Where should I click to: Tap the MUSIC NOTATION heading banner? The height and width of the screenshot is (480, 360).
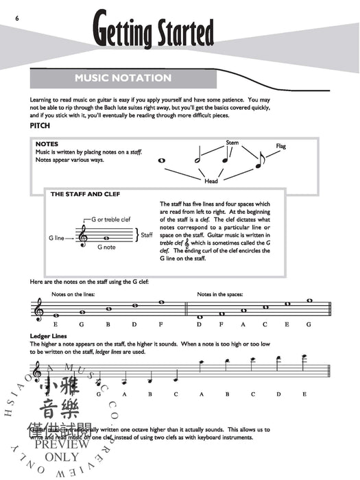click(x=123, y=77)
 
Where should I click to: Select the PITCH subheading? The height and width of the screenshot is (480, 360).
click(x=40, y=127)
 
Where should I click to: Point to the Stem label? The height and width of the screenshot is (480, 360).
click(x=232, y=143)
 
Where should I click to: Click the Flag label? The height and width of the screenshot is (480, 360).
click(x=281, y=146)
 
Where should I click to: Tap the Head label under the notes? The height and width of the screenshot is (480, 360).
click(x=211, y=182)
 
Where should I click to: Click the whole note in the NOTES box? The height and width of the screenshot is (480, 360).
click(x=163, y=161)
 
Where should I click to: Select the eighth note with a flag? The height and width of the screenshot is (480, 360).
click(x=259, y=162)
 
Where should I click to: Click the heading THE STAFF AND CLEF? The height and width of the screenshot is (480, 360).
click(x=86, y=195)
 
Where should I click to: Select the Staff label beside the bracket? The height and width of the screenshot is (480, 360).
click(x=146, y=235)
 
